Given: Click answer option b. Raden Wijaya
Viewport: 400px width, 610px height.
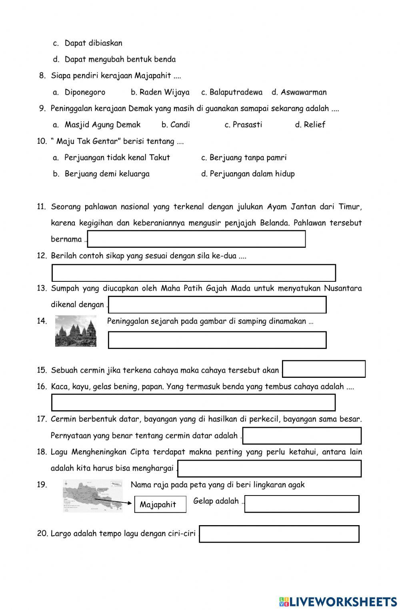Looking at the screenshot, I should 160,92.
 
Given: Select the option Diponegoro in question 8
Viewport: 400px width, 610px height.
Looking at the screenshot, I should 85,92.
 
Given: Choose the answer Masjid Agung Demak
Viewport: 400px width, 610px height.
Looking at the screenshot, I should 102,125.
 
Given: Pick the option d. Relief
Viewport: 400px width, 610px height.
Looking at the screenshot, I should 310,125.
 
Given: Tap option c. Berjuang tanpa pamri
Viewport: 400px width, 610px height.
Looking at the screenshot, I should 244,158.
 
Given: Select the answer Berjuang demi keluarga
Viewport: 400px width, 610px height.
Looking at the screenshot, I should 107,174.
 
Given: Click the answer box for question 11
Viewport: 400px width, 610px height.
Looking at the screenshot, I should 196,239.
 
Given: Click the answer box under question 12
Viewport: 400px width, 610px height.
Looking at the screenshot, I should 194,273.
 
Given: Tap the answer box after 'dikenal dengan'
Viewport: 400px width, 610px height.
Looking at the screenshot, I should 217,305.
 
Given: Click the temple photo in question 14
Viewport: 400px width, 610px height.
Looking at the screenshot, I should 76,331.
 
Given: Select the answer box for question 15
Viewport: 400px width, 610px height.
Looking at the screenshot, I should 324,369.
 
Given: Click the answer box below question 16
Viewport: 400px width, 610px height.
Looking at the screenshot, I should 194,403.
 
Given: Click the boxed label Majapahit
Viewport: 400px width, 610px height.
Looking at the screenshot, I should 160,504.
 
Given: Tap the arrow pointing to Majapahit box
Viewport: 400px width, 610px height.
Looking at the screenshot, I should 116,502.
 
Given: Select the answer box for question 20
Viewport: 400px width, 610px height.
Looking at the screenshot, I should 279,534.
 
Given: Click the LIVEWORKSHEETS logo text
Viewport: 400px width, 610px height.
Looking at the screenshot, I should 338,602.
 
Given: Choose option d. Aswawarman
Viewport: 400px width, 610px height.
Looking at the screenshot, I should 299,92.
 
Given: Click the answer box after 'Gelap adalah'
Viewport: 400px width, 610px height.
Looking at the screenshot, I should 302,504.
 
